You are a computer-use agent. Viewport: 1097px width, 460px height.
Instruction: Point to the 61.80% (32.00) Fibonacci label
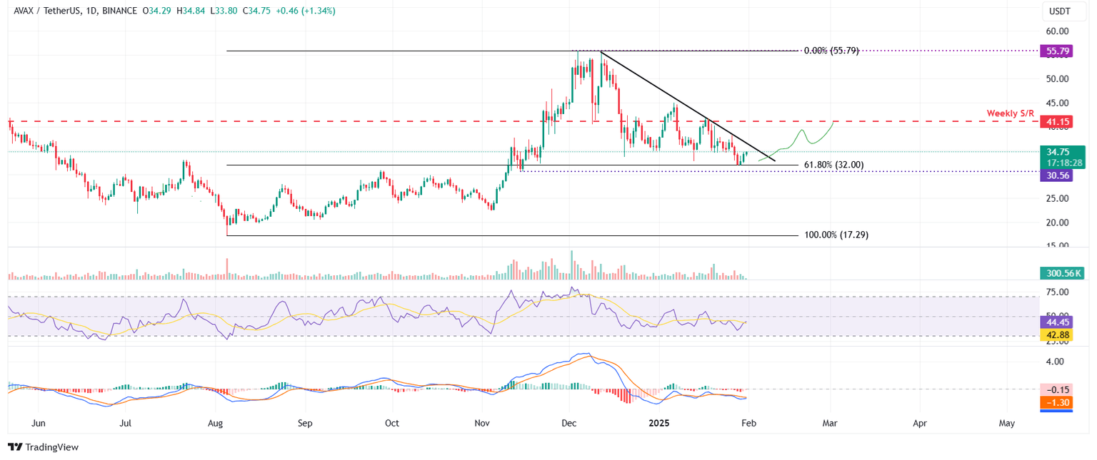(x=833, y=165)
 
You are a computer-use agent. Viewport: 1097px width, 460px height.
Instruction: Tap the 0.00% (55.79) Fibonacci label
(x=831, y=51)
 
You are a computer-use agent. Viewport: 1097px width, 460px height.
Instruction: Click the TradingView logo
(x=43, y=447)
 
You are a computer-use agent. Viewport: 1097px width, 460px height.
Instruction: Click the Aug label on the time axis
(x=216, y=423)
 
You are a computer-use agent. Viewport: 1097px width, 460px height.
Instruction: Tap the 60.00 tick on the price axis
(x=1057, y=31)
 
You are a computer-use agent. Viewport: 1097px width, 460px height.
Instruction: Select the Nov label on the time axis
(x=482, y=423)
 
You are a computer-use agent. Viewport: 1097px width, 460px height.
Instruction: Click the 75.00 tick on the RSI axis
(x=1057, y=292)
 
